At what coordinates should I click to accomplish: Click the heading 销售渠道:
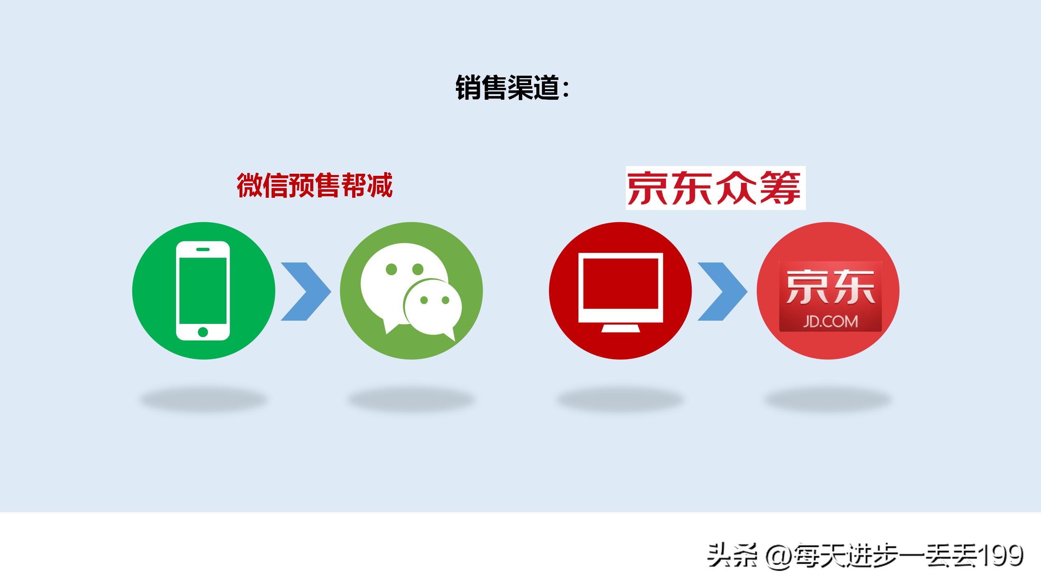(x=512, y=87)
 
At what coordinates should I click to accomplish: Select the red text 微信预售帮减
(x=314, y=186)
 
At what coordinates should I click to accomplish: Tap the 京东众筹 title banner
(x=715, y=188)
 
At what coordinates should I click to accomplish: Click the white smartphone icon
(x=203, y=291)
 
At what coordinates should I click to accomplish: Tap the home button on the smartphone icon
(x=203, y=332)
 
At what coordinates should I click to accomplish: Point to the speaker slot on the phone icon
(x=203, y=249)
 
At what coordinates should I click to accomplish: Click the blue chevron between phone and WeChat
(x=306, y=291)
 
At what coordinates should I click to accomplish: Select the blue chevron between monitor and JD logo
(x=723, y=291)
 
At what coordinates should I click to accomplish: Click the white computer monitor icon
(x=621, y=287)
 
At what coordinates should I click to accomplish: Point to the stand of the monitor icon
(x=621, y=328)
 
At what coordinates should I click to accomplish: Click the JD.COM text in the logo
(x=830, y=321)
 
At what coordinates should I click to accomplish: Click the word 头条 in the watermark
(x=732, y=556)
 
